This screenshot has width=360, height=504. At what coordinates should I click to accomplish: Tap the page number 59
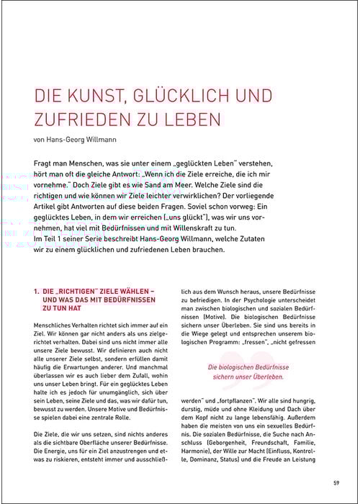point(336,482)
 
